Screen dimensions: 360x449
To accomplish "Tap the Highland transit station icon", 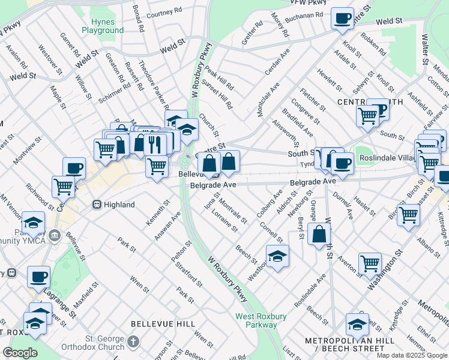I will click(96, 205).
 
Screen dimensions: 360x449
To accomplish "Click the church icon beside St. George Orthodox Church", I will click(133, 341).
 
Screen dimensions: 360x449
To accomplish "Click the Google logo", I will click(20, 353).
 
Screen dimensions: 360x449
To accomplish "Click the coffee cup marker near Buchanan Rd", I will click(343, 19).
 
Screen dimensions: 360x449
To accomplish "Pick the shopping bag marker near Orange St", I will click(319, 234).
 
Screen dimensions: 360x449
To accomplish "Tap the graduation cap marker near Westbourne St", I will click(277, 256).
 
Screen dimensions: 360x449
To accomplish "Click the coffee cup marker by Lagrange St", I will click(39, 277).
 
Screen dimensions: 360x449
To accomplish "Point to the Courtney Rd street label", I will click(164, 11).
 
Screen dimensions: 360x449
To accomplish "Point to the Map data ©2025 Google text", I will click(411, 355).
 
